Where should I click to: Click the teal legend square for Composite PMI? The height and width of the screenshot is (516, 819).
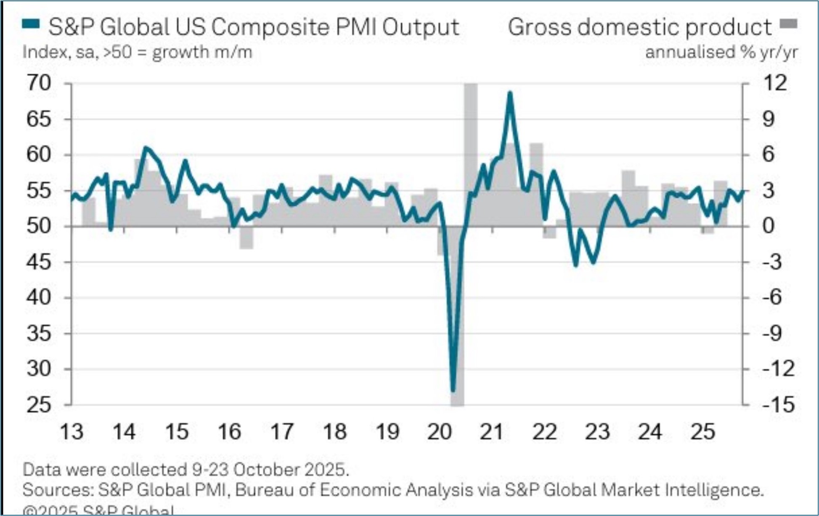31,24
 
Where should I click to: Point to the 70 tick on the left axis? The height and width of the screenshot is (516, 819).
39,83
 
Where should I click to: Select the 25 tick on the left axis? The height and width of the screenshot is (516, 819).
39,405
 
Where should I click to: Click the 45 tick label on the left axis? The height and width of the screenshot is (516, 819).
39,262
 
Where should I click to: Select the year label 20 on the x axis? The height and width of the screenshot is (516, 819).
439,432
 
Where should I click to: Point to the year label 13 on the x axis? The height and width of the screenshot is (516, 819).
72,432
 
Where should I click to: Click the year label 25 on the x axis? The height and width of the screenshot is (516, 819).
702,432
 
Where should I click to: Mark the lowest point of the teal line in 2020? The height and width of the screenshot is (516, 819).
453,391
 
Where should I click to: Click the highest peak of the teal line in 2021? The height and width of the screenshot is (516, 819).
510,93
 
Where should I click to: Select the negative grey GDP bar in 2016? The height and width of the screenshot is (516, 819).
246,238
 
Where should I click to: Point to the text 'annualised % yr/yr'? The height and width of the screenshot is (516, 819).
721,53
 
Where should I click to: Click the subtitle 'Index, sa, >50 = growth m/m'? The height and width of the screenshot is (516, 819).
137,53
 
